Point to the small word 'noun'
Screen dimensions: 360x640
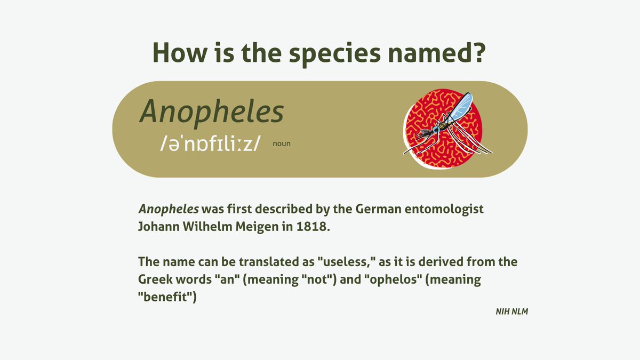click(x=282, y=143)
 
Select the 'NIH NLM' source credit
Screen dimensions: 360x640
click(x=511, y=311)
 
